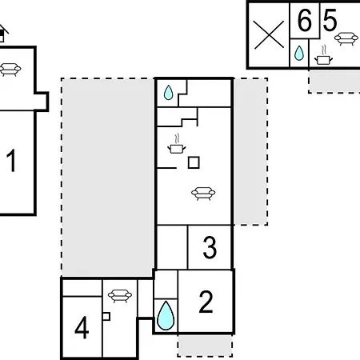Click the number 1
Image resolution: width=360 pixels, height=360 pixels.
(11, 161)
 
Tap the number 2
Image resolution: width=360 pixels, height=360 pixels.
(206, 302)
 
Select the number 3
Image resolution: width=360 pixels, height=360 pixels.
(210, 247)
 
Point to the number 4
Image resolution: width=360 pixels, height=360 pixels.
(82, 327)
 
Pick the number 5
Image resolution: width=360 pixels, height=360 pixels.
(330, 20)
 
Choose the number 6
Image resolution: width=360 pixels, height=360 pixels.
(305, 20)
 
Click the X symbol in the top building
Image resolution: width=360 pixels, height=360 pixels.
(269, 34)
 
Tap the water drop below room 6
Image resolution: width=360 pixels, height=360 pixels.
(299, 53)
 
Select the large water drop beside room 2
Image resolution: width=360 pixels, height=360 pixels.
(166, 315)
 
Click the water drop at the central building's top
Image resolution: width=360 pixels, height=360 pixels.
(168, 93)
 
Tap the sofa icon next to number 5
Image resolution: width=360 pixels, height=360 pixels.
(346, 39)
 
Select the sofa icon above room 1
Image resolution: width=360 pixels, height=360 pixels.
(10, 70)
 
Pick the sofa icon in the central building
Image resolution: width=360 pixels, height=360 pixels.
(203, 194)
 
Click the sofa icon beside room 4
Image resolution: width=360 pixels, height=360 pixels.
(120, 296)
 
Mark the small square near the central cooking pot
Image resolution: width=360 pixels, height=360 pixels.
(194, 162)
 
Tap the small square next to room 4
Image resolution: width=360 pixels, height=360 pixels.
(106, 316)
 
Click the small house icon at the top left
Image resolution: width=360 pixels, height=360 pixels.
(3, 33)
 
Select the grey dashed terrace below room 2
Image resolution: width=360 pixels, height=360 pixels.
(205, 346)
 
